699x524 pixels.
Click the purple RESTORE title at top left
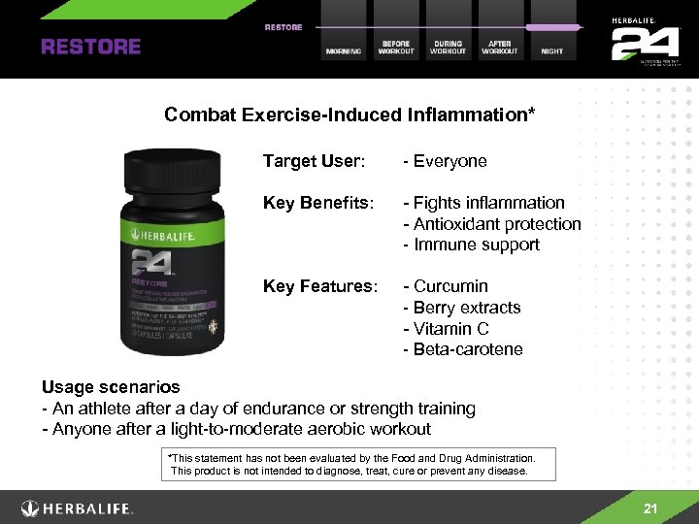tap(90, 46)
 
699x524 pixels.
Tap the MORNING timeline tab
tap(344, 50)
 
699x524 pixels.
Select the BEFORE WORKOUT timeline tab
tap(395, 47)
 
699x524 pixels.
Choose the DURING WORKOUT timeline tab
tap(448, 47)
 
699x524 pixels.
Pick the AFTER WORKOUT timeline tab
tap(500, 47)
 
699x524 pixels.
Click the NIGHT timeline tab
tap(551, 50)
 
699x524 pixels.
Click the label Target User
tap(314, 161)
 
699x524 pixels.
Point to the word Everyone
tap(449, 161)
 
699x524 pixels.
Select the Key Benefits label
tap(319, 203)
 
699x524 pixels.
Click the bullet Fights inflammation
tap(488, 203)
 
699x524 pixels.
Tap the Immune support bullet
tap(476, 245)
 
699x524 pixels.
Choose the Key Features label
tap(319, 286)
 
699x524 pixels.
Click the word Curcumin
tap(450, 286)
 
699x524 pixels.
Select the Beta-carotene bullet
tap(468, 349)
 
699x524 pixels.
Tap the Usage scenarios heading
tap(110, 387)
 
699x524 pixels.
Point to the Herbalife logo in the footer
tap(78, 508)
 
